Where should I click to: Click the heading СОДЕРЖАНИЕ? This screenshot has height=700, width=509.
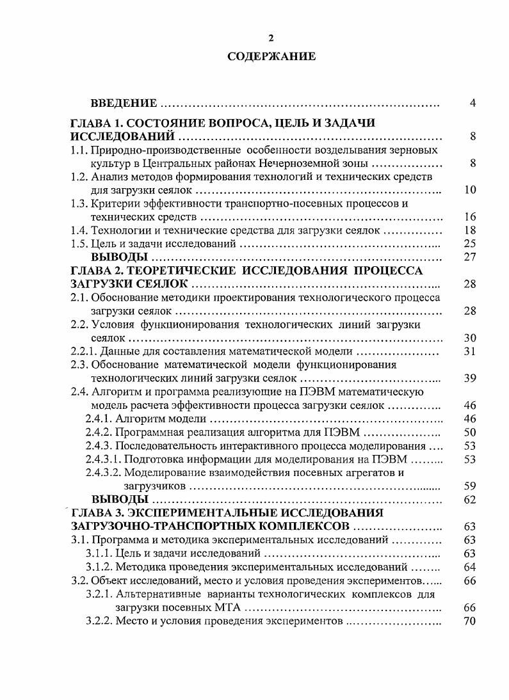pyautogui.click(x=271, y=57)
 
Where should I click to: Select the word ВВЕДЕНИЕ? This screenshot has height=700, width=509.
pyautogui.click(x=124, y=103)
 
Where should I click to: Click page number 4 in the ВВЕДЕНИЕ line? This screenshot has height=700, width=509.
pyautogui.click(x=472, y=103)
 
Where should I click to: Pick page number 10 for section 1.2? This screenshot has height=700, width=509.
pyautogui.click(x=469, y=190)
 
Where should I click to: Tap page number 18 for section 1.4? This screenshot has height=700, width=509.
pyautogui.click(x=469, y=230)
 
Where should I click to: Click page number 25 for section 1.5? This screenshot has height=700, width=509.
pyautogui.click(x=469, y=244)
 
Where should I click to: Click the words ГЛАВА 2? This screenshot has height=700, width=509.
pyautogui.click(x=97, y=271)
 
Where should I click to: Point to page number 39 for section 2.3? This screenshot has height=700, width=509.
pyautogui.click(x=469, y=378)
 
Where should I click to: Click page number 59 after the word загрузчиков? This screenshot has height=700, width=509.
pyautogui.click(x=469, y=486)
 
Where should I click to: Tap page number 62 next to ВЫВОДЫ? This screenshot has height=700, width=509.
pyautogui.click(x=469, y=499)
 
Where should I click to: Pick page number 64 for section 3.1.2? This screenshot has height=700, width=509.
pyautogui.click(x=469, y=567)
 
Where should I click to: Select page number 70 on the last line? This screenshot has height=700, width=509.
pyautogui.click(x=469, y=621)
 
